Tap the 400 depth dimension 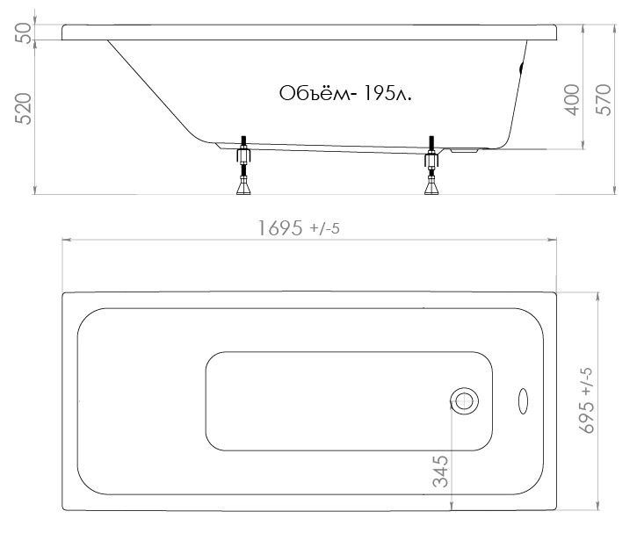click(572, 100)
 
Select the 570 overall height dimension click(604, 100)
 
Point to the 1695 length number click(280, 228)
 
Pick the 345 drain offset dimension click(442, 471)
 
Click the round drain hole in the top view click(464, 400)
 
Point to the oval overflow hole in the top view click(524, 400)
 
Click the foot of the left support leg click(243, 187)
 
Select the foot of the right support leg click(431, 187)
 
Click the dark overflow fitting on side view click(523, 66)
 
